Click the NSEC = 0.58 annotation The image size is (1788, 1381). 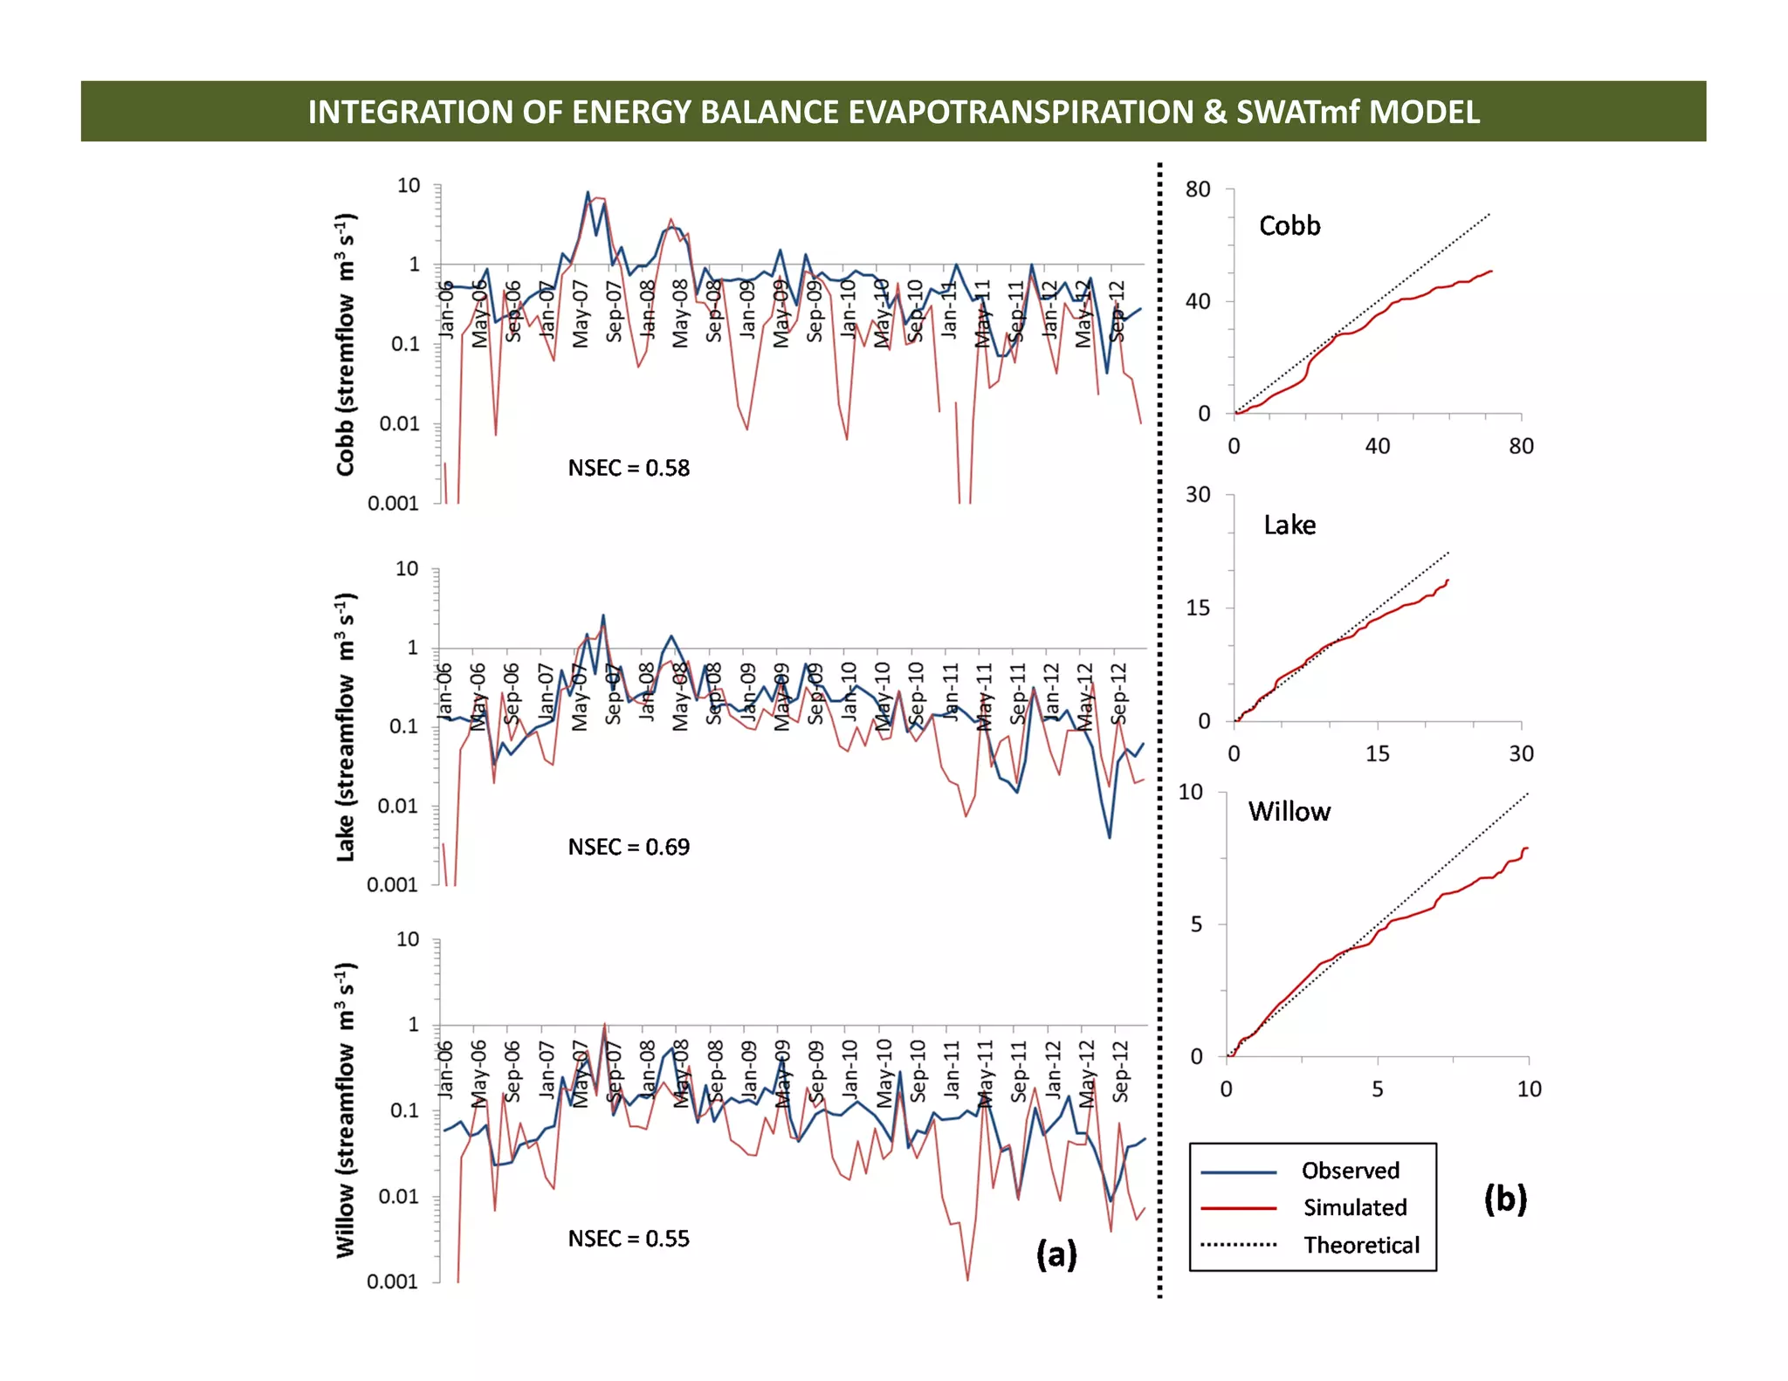point(629,469)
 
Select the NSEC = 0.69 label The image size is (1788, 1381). point(629,848)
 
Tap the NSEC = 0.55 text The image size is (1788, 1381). point(629,1240)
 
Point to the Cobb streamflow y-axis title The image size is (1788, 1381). point(347,344)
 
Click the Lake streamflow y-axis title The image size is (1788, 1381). point(347,726)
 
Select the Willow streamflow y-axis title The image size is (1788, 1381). point(347,1110)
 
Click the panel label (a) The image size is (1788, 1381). point(1056,1254)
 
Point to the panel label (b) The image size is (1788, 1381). point(1505,1199)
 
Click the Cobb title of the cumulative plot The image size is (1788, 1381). point(1289,226)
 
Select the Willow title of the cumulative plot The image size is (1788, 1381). point(1289,812)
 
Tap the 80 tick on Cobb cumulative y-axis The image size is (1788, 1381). point(1198,189)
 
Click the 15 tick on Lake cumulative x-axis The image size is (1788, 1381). point(1377,754)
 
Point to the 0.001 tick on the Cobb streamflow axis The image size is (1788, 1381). point(393,504)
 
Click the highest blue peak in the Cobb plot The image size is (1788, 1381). point(588,193)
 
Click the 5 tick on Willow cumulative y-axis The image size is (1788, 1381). point(1196,924)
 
